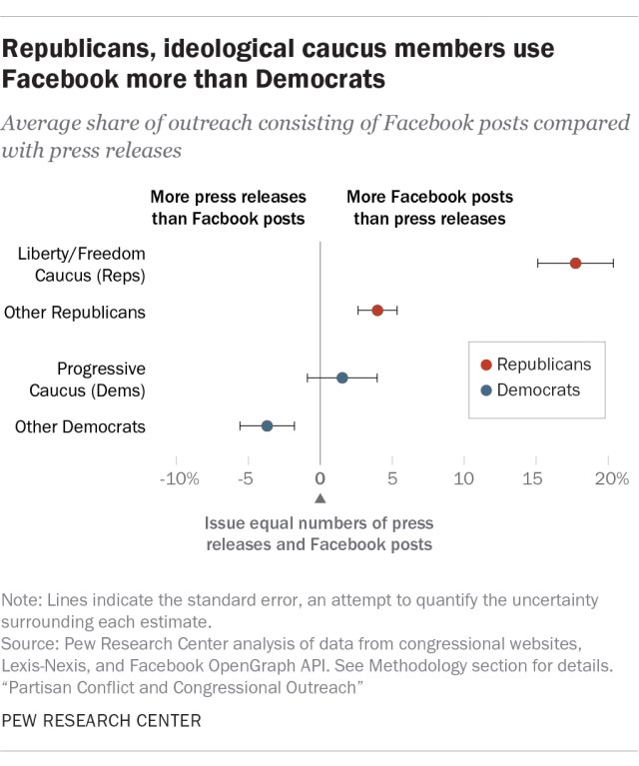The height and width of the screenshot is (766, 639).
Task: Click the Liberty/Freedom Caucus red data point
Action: (575, 263)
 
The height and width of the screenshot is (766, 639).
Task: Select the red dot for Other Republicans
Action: (377, 311)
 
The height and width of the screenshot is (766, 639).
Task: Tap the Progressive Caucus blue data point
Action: (341, 378)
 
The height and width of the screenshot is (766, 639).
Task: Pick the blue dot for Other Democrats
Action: (267, 425)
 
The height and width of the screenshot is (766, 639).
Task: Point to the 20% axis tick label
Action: (611, 478)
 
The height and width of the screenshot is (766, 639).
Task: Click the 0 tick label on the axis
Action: (319, 478)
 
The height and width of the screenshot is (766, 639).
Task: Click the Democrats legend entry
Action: (537, 390)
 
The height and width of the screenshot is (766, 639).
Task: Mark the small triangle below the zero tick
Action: (319, 498)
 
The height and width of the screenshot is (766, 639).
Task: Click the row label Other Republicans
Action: (75, 313)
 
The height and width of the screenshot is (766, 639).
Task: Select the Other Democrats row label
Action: (80, 427)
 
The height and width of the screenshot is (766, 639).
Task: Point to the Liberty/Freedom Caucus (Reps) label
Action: (82, 265)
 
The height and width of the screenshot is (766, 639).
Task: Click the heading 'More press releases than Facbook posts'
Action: (228, 207)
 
